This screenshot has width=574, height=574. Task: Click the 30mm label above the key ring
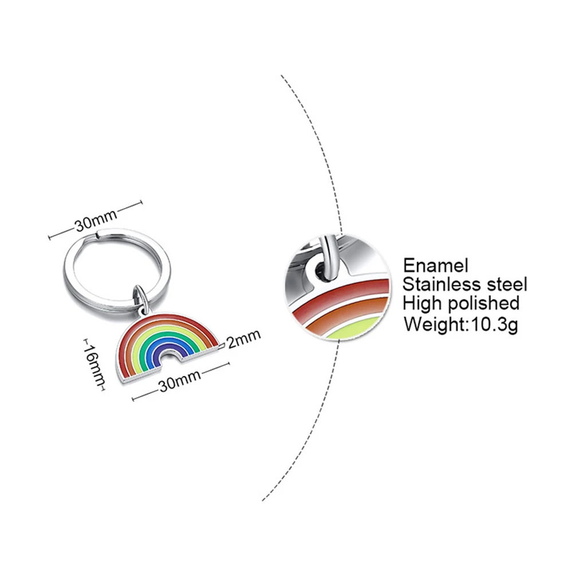click(x=95, y=221)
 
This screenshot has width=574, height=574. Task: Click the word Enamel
click(x=436, y=265)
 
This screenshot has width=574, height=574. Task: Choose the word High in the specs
click(x=424, y=303)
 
